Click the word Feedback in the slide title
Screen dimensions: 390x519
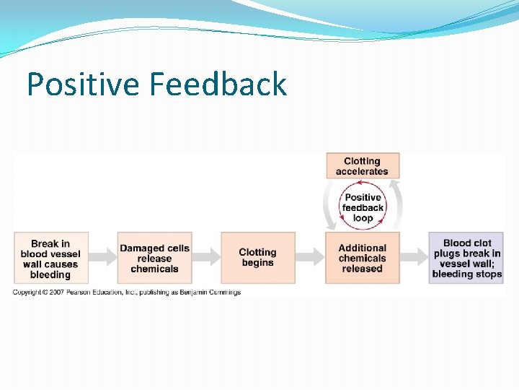[218, 84]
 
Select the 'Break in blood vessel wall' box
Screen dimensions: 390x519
[50, 259]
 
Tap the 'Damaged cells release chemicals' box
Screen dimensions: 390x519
[154, 259]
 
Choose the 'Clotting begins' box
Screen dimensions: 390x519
[257, 258]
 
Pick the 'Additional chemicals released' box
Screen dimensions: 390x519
[362, 259]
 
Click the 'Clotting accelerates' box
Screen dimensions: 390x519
[362, 166]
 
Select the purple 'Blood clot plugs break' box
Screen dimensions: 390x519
[466, 259]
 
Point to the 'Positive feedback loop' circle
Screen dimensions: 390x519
[363, 207]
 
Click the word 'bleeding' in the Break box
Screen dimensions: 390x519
[50, 274]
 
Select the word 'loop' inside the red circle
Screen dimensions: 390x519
[363, 218]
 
